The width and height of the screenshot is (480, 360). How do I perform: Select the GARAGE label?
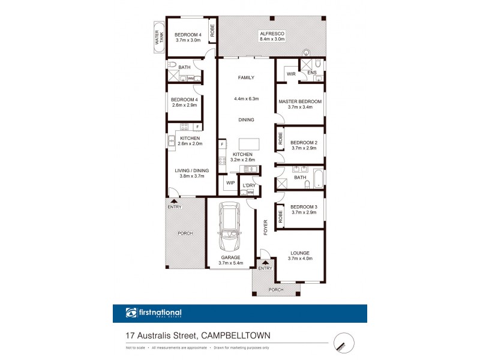(x=230, y=257)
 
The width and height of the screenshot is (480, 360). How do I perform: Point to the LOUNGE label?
(x=301, y=253)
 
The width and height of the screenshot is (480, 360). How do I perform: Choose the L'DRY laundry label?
(x=250, y=185)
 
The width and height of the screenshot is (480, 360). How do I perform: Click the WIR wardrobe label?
(x=291, y=74)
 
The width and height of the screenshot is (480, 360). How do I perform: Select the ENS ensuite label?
(x=312, y=73)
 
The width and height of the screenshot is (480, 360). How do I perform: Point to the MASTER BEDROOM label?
(x=300, y=101)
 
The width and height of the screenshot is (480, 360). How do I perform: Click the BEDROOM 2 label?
(x=304, y=142)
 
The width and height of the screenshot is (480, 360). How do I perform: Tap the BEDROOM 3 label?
(x=304, y=207)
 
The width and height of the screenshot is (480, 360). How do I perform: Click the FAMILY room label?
(x=246, y=77)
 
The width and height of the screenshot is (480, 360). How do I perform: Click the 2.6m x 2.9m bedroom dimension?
(x=184, y=106)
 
